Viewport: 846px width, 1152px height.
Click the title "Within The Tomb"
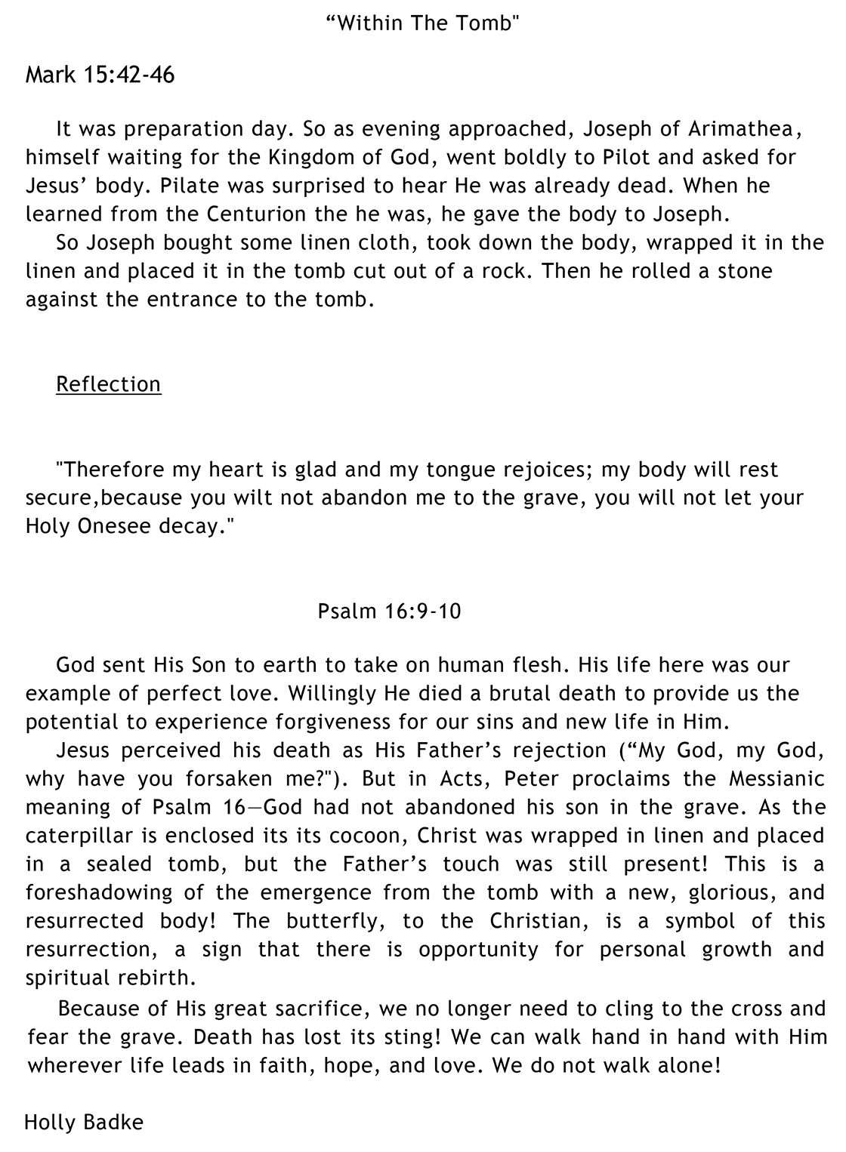(x=423, y=24)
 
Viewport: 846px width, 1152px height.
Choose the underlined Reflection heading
(x=108, y=384)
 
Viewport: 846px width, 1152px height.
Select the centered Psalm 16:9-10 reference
(x=389, y=611)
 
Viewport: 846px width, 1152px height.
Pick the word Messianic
(x=777, y=779)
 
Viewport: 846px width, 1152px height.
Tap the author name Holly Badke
(x=83, y=1123)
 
